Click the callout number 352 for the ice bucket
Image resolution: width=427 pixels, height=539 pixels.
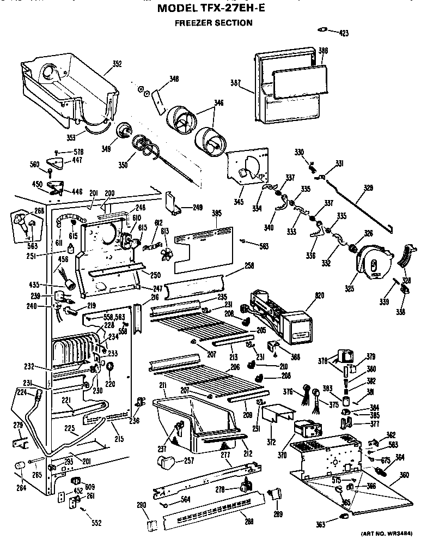pyautogui.click(x=117, y=63)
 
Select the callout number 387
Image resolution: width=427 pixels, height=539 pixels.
pyautogui.click(x=235, y=83)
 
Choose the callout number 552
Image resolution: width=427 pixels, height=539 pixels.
pyautogui.click(x=96, y=523)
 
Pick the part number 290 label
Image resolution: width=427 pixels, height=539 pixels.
pyautogui.click(x=142, y=505)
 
